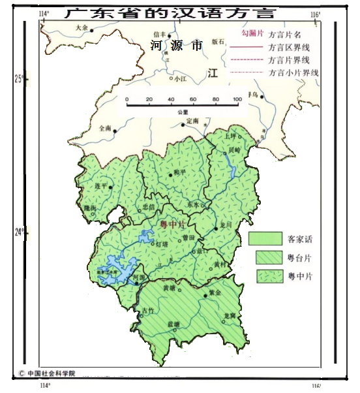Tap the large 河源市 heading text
pos(176,46)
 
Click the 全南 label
pos(105,129)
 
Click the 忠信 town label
pos(149,207)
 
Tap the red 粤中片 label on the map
pos(173,225)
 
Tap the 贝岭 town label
pos(233,149)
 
